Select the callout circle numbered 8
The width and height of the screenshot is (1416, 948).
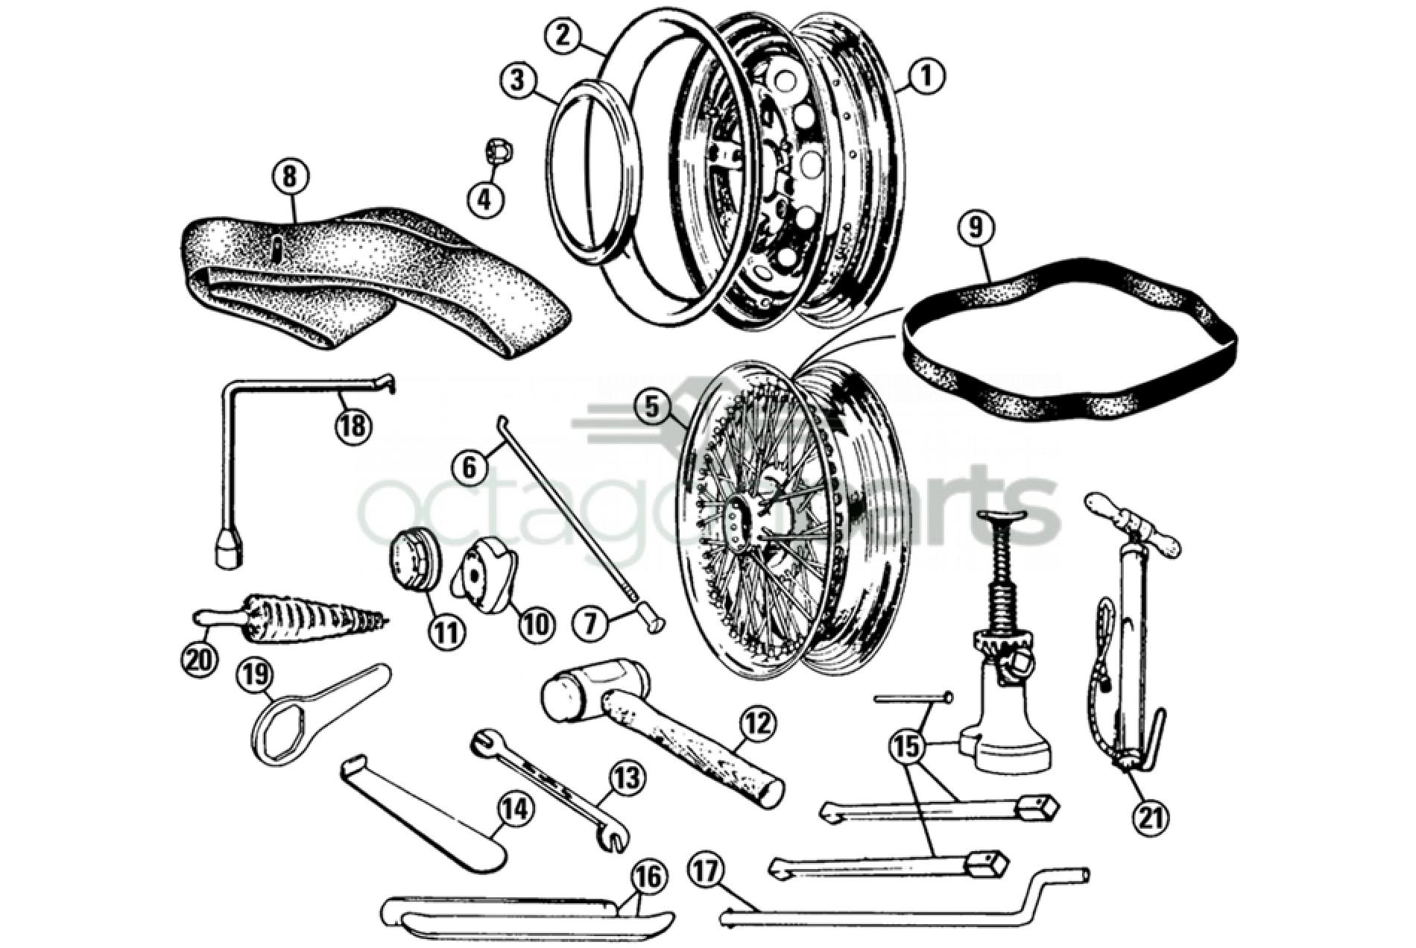pyautogui.click(x=290, y=178)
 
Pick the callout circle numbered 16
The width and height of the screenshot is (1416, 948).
pyautogui.click(x=648, y=879)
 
